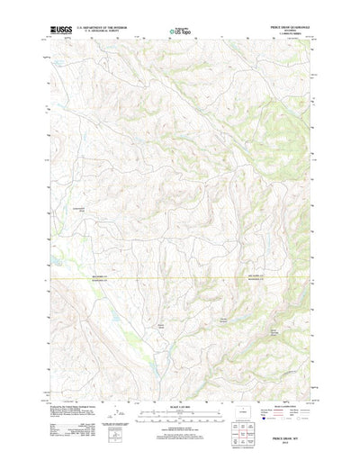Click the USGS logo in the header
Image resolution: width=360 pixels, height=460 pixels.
[x=62, y=29]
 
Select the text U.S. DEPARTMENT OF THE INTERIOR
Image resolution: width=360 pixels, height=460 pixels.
[x=103, y=27]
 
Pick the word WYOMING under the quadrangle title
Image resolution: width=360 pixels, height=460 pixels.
[x=286, y=31]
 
